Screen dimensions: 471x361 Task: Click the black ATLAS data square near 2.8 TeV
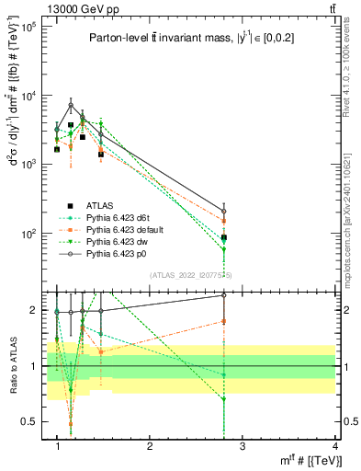coord(224,237)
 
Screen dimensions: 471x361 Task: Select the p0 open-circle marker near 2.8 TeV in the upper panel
coord(224,211)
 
